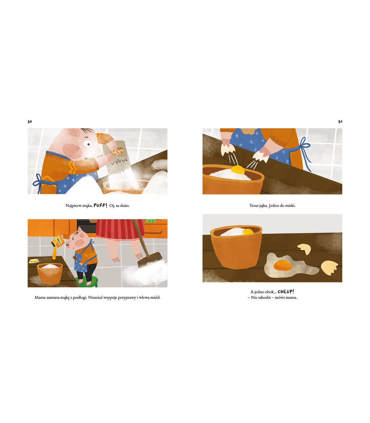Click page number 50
pos(30,121)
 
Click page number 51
pos(340,121)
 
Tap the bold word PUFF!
pos(101,205)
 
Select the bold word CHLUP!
pos(286,292)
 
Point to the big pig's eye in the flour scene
pos(87,143)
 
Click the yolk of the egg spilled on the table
pos(282,265)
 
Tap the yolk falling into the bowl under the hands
pos(238,170)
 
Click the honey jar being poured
pos(58,241)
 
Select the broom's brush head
pos(150,260)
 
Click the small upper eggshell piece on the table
pos(304,249)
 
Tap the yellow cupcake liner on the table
pos(34,261)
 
